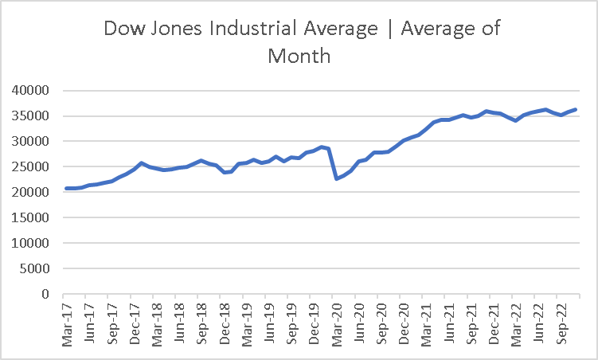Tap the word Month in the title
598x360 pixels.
point(299,57)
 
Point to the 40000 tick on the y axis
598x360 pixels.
point(31,91)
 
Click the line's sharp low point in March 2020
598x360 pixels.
point(337,178)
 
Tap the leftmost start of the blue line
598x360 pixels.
point(66,189)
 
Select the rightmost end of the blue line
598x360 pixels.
point(576,109)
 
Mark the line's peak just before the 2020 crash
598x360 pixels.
point(322,147)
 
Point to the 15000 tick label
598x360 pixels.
point(31,217)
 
